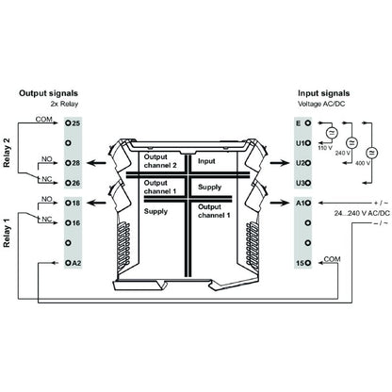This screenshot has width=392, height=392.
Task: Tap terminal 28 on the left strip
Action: coord(73,163)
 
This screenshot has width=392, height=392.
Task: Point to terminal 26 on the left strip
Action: coord(73,183)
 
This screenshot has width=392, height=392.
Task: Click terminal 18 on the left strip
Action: coord(73,202)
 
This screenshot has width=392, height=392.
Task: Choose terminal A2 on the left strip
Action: coord(73,263)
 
